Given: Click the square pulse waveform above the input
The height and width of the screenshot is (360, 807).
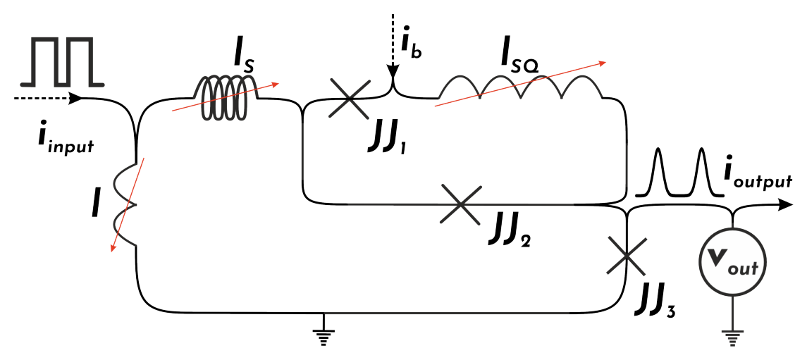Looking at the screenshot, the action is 62,61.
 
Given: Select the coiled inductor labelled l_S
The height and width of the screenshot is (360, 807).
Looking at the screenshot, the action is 225,97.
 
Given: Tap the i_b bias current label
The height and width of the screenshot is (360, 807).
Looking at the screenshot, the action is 412,42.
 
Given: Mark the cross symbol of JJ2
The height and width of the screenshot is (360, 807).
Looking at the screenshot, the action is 461,204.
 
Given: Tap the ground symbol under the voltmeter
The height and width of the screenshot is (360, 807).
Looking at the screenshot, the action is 732,336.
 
